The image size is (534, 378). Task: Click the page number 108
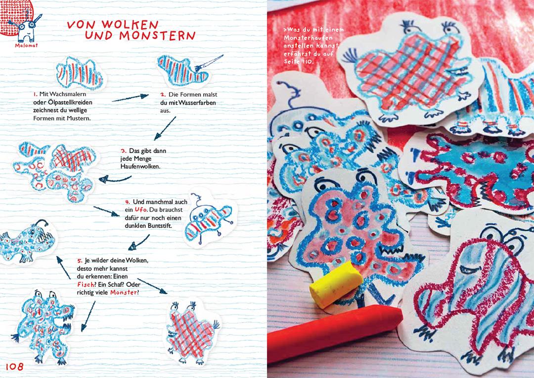point(15,367)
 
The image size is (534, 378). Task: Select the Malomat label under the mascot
point(26,46)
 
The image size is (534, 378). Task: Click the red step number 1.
point(36,94)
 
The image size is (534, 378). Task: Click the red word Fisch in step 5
point(85,284)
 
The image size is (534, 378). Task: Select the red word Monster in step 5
point(123,292)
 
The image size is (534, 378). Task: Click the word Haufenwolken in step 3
point(140,166)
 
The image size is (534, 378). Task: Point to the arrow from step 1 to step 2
point(130,98)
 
